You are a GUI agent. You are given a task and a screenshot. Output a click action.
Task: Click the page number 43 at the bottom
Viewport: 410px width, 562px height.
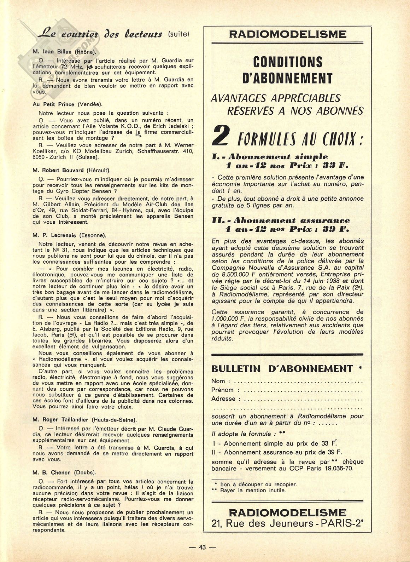tap(202, 547)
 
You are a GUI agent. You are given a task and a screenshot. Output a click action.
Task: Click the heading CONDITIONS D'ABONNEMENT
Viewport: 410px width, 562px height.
tap(288, 70)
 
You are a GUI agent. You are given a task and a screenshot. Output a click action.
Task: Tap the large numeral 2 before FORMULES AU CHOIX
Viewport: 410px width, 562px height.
tap(221, 138)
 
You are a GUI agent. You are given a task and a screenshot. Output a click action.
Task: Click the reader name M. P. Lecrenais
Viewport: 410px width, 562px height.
tap(55, 235)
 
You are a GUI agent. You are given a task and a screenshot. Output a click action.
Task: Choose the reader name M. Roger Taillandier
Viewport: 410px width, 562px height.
tap(61, 420)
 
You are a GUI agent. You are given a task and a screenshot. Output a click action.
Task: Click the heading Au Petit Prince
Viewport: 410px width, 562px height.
tap(53, 104)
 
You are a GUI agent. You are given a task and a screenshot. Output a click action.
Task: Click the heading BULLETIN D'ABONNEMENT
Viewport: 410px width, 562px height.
tap(282, 369)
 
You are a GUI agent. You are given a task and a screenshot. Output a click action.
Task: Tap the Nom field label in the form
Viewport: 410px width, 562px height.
tap(218, 381)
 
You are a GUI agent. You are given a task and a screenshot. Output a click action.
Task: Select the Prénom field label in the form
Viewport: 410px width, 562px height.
tap(222, 390)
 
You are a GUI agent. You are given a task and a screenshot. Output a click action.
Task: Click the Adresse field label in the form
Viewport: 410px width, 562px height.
tap(223, 399)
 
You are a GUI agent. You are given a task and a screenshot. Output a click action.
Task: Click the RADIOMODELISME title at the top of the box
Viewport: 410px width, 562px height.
tap(288, 34)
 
